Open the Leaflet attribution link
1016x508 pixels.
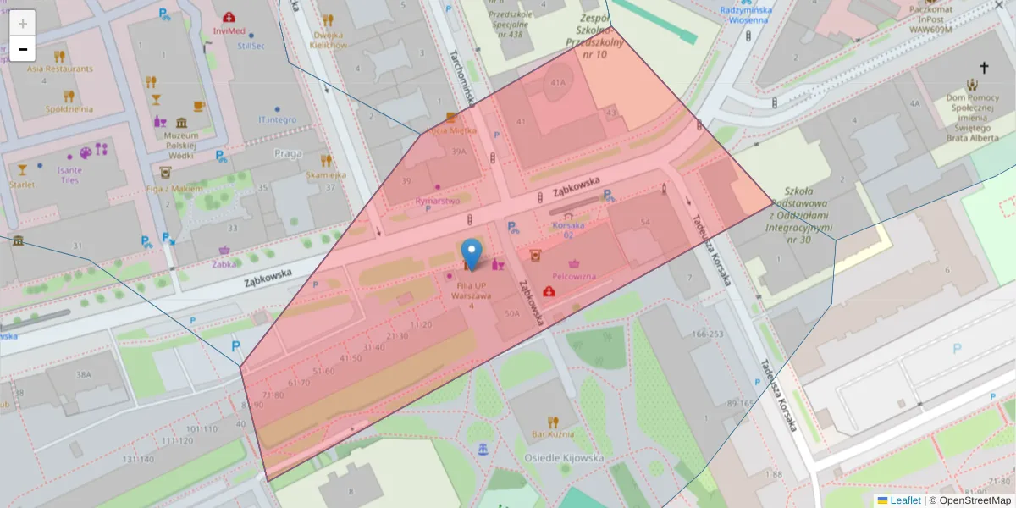click(x=904, y=500)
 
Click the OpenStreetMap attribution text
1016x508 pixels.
click(x=969, y=500)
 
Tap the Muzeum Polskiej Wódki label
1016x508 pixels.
click(x=180, y=146)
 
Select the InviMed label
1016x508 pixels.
click(x=229, y=30)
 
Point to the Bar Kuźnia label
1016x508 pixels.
click(x=552, y=434)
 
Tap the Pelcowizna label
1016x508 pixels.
click(x=574, y=276)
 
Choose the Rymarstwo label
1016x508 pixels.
click(x=438, y=201)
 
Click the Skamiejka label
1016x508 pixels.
click(x=326, y=174)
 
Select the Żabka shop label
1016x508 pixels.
click(x=224, y=263)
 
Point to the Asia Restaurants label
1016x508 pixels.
click(x=59, y=69)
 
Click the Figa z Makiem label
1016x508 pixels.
click(x=174, y=188)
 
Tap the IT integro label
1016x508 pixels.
click(x=278, y=119)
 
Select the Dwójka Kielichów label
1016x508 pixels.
click(x=329, y=40)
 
